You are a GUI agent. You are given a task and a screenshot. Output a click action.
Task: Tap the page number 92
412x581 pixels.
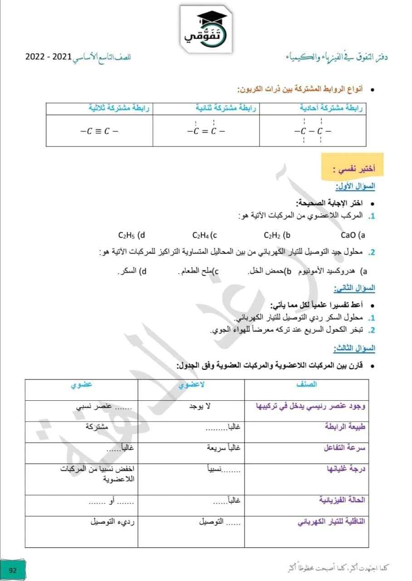click(x=13, y=570)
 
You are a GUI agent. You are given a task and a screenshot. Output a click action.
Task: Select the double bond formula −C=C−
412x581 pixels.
click(x=206, y=131)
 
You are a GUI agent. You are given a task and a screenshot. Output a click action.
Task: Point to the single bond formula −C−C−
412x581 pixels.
click(x=313, y=131)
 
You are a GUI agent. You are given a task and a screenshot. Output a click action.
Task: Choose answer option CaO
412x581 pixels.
click(x=353, y=235)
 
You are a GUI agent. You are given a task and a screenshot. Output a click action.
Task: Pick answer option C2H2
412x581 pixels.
click(x=277, y=235)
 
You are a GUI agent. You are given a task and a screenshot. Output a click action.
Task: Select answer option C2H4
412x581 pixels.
click(x=205, y=235)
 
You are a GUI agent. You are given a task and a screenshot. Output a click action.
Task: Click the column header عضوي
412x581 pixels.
click(x=81, y=384)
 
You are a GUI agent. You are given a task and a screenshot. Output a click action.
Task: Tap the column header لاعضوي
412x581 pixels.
click(x=191, y=384)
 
